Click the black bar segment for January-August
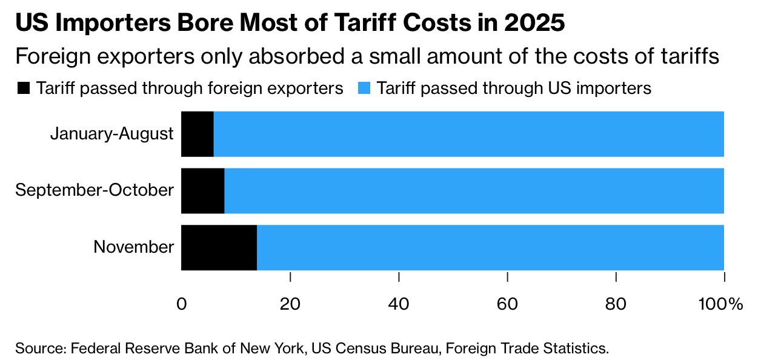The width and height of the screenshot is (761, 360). [198, 134]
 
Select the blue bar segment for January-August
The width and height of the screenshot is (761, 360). [468, 134]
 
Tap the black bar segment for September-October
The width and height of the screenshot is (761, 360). [203, 191]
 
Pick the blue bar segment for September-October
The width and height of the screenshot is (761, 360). [474, 191]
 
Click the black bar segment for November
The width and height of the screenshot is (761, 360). [219, 247]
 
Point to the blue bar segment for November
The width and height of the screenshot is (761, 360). [490, 247]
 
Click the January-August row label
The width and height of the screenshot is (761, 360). [112, 133]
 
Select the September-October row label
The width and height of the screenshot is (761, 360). [95, 190]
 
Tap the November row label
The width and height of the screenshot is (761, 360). [134, 247]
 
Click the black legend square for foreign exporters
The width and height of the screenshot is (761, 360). [23, 88]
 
